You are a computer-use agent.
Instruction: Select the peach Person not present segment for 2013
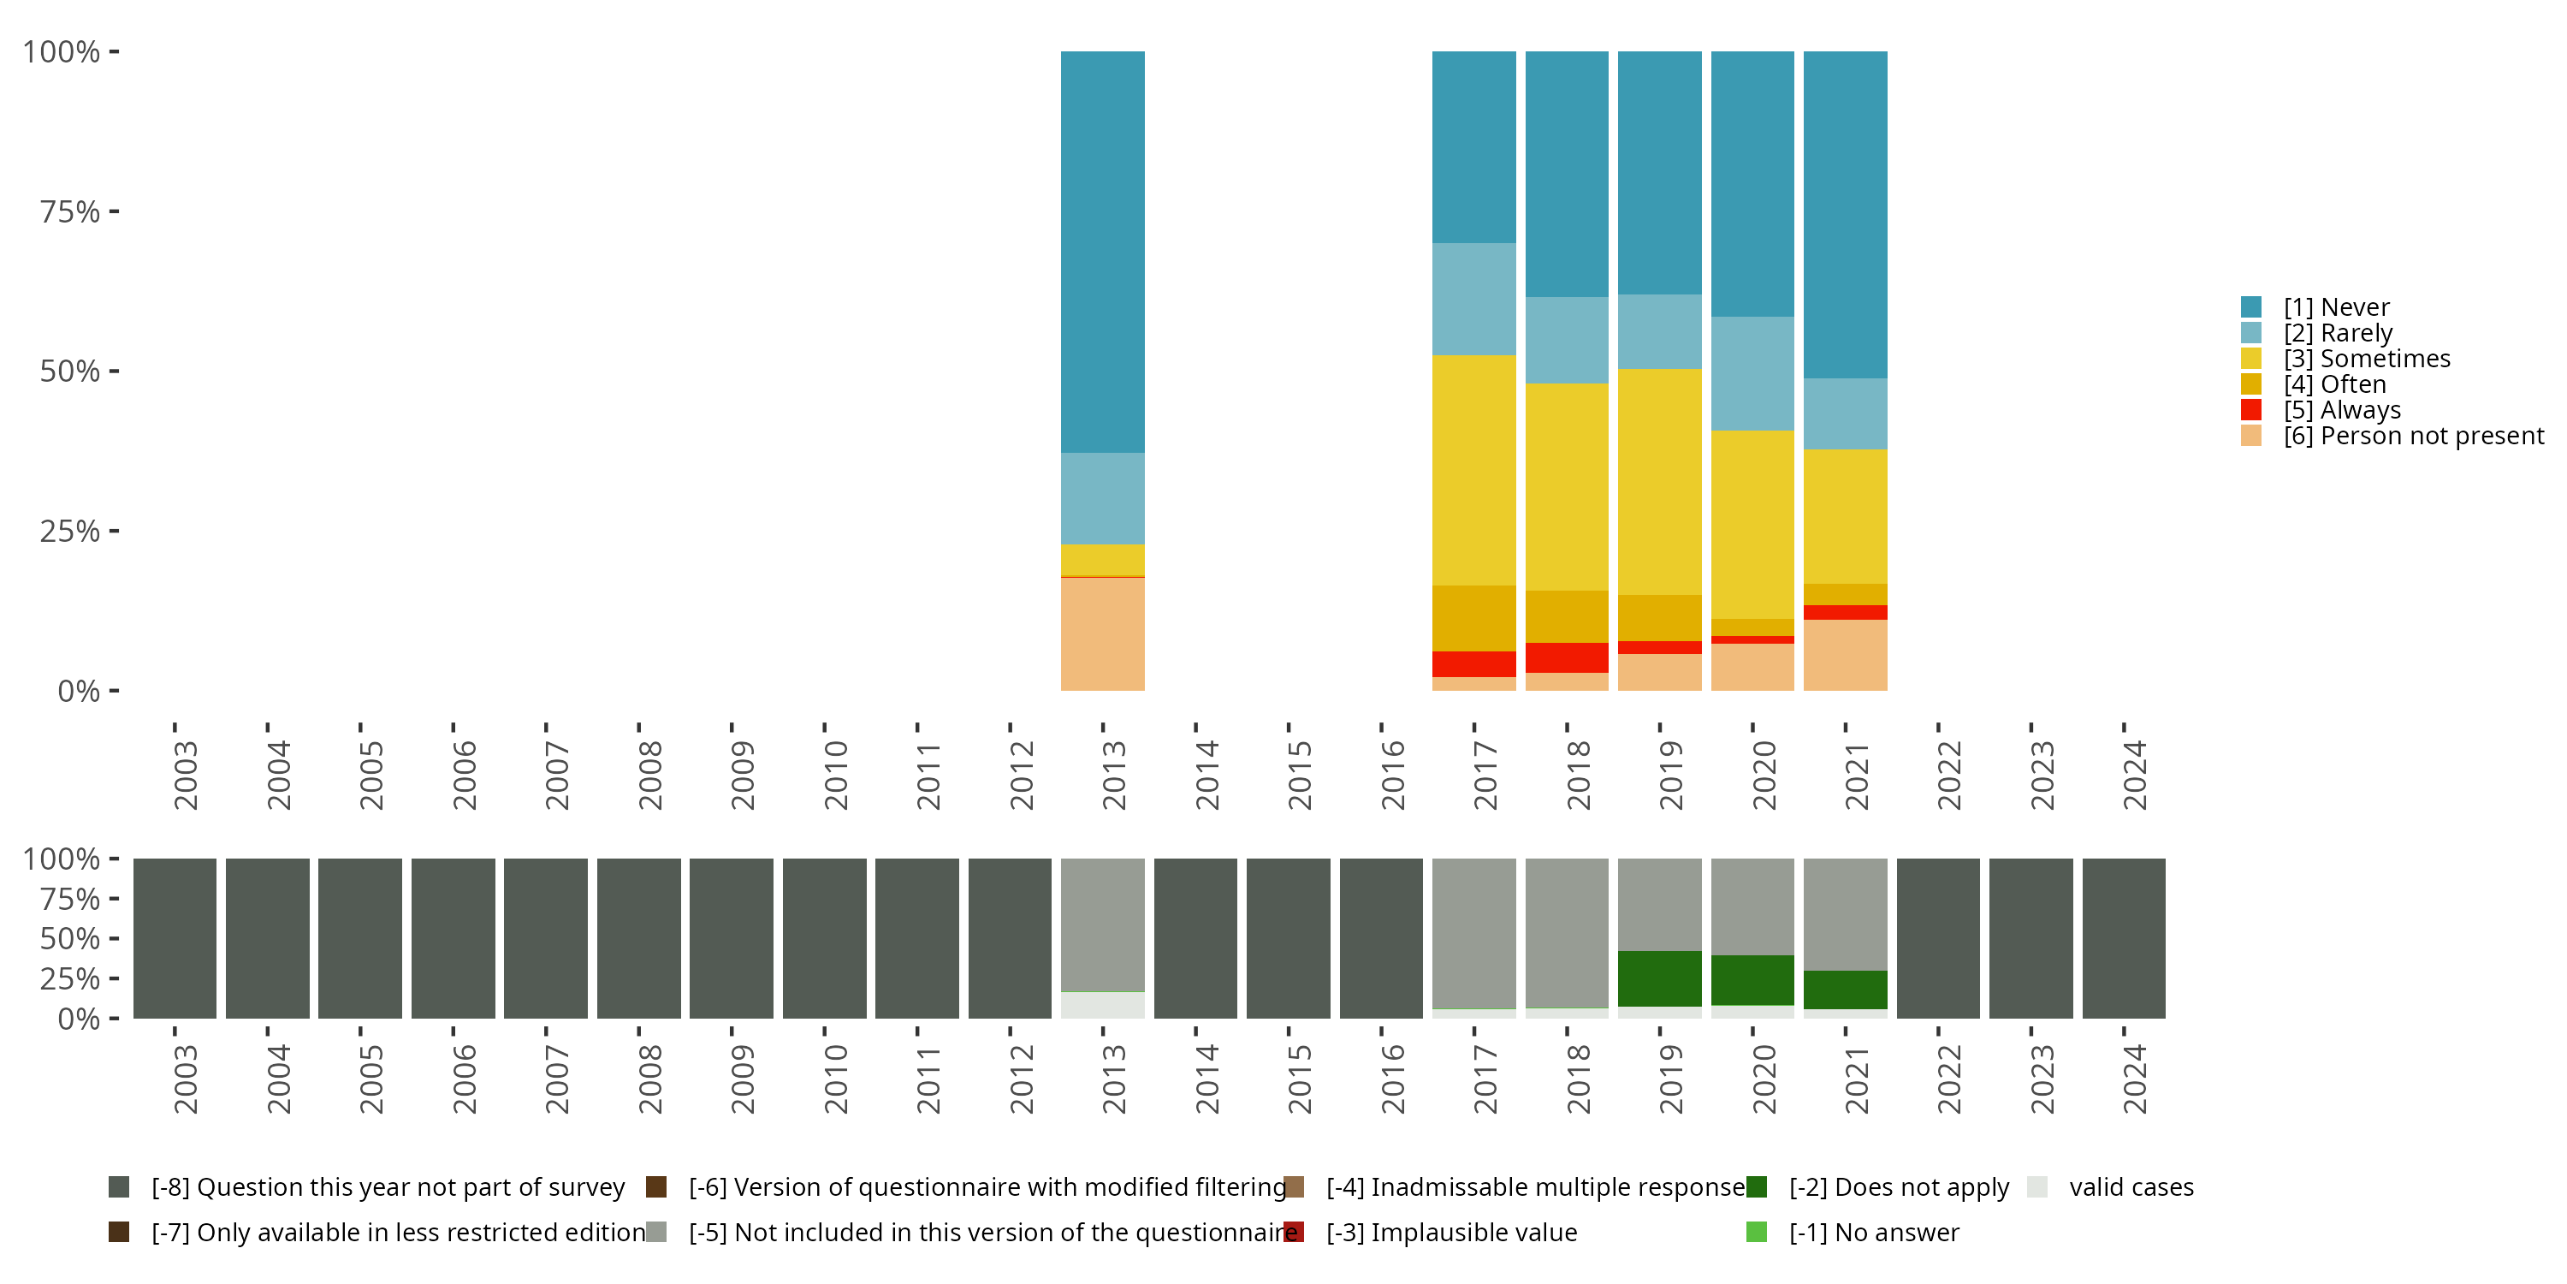(x=1102, y=634)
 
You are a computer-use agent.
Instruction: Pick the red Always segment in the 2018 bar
(x=1567, y=658)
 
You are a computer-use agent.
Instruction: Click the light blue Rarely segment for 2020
(x=1752, y=374)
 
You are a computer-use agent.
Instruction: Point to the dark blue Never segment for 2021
(x=1845, y=214)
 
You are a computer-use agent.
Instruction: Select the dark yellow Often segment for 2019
(x=1659, y=618)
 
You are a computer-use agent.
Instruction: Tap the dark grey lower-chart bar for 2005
(x=359, y=938)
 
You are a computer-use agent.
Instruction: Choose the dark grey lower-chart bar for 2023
(x=2030, y=938)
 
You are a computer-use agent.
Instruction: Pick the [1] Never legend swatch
(x=2251, y=307)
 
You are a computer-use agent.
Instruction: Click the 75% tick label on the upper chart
(x=70, y=211)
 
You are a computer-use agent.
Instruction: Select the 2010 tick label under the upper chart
(x=836, y=775)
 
